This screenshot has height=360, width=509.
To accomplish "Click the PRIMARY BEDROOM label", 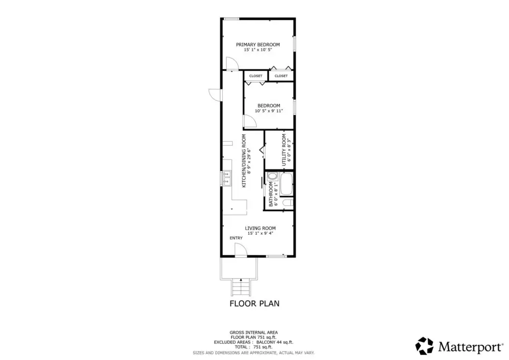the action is [x=258, y=44].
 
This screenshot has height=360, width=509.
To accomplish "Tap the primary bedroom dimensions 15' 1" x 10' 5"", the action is [x=258, y=50].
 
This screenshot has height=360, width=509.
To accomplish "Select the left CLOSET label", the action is [x=256, y=76].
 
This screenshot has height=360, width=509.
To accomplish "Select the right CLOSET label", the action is [x=281, y=76].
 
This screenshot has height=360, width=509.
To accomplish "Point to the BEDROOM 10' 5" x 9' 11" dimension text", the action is [x=269, y=111].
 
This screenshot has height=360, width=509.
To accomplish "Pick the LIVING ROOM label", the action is [x=260, y=228].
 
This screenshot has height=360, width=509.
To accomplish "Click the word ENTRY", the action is [x=236, y=238].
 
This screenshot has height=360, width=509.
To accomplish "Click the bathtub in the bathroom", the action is [x=286, y=184].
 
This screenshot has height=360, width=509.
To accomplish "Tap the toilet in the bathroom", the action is [x=288, y=203].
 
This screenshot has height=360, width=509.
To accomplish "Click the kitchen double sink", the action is [x=227, y=178].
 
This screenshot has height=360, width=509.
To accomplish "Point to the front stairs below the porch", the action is [x=241, y=288].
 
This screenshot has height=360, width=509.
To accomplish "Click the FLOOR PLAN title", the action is [x=254, y=303].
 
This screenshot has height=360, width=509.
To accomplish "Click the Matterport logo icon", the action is [x=424, y=346].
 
